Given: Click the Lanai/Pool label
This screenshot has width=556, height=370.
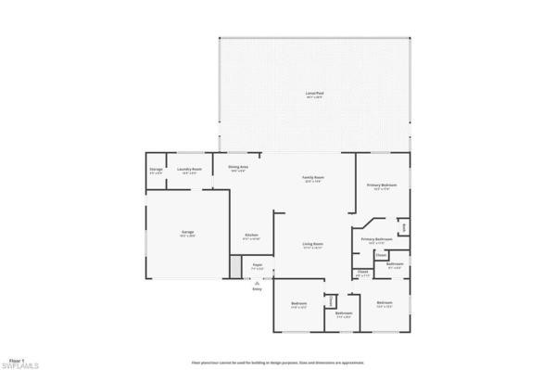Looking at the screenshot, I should (x=314, y=94).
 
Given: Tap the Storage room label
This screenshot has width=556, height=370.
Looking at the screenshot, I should (x=156, y=170).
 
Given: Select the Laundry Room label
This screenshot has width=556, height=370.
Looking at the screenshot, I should (x=189, y=170).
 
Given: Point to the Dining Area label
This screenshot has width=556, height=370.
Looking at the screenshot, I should (x=238, y=167).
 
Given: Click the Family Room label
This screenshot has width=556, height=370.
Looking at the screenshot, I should (x=314, y=177).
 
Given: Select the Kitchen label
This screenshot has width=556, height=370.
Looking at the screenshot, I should (x=250, y=236).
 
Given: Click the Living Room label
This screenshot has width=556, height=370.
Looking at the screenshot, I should (x=312, y=244).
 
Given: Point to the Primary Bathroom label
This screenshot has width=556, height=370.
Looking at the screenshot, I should (x=373, y=239).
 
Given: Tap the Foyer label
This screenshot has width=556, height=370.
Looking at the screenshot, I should (x=258, y=265).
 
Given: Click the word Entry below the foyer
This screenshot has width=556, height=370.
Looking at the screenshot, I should (x=258, y=289).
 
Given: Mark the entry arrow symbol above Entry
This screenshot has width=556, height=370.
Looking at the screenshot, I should (x=258, y=280).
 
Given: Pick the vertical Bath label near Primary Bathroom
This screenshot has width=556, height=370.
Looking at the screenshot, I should (x=403, y=225).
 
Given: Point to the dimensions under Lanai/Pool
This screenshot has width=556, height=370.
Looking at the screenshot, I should (x=314, y=98).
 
